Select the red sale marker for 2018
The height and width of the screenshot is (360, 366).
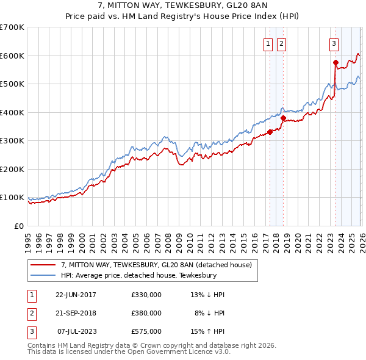point(283,118)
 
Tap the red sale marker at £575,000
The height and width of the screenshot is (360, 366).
point(335,62)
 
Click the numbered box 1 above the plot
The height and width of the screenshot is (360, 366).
point(268,43)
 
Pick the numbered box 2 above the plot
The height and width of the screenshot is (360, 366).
point(281,43)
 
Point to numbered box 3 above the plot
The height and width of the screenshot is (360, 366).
point(334,43)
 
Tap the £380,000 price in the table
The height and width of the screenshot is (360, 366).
point(146,313)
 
